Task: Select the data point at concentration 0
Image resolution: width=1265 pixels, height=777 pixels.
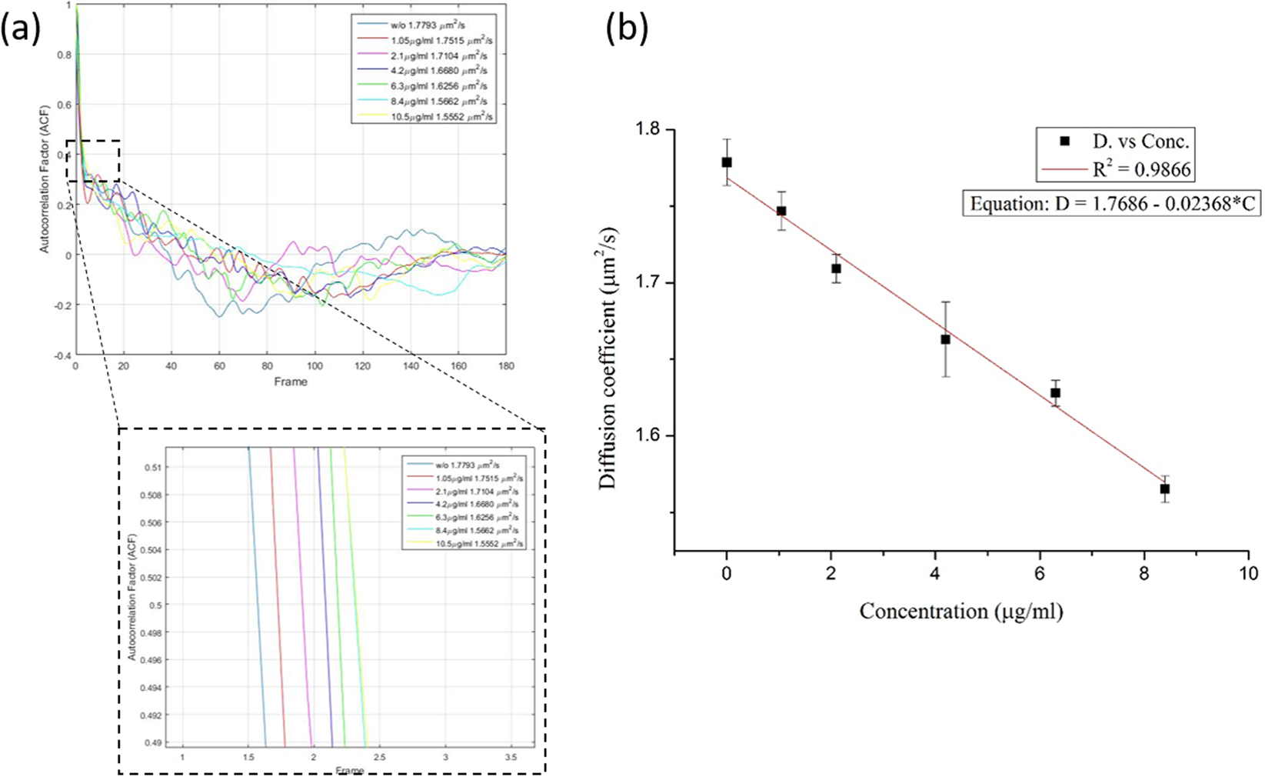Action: point(727,162)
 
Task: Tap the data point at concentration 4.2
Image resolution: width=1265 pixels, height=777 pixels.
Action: point(946,339)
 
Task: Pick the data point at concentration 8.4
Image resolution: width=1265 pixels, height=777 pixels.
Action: point(1165,489)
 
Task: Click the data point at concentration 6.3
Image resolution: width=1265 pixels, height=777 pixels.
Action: point(1056,393)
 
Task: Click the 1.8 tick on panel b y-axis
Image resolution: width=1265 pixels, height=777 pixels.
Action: point(654,131)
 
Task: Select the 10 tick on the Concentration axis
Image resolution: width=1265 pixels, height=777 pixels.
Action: point(1248,574)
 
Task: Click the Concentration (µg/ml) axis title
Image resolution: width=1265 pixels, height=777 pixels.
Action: point(961,612)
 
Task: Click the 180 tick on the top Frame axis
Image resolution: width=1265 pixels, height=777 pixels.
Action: point(505,367)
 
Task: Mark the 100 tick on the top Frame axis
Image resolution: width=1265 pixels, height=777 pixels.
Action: point(314,367)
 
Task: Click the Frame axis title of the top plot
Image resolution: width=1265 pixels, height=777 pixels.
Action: point(290,382)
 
